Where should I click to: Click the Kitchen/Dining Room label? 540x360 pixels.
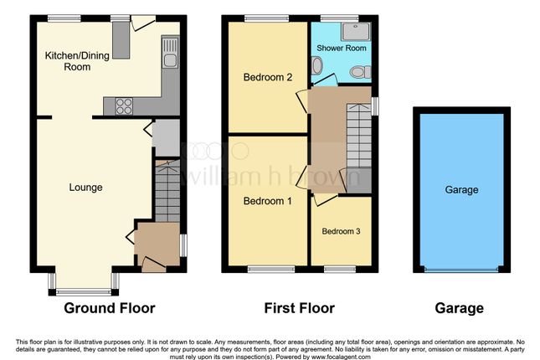click(77, 61)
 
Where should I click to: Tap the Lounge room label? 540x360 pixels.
click(85, 188)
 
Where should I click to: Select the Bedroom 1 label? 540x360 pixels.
click(268, 201)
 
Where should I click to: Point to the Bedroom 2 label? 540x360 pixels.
click(268, 77)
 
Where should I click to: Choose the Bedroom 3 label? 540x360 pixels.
click(341, 231)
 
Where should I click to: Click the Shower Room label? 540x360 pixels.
click(342, 48)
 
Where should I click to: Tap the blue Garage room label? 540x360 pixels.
click(461, 189)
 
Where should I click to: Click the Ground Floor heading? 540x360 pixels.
click(110, 308)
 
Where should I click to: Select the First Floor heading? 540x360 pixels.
click(299, 308)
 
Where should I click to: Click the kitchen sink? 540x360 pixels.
click(170, 53)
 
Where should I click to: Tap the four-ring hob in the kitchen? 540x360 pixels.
click(124, 106)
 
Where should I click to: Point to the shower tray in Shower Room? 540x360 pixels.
click(356, 32)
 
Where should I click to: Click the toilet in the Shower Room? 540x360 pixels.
click(360, 72)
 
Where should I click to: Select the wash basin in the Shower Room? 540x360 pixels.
click(316, 65)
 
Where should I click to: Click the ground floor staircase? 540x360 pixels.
click(167, 191)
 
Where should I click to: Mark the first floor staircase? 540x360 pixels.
click(359, 136)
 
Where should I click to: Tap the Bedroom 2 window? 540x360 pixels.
click(267, 18)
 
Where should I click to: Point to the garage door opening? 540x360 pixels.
click(461, 270)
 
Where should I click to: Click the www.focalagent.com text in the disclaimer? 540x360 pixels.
click(340, 357)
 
